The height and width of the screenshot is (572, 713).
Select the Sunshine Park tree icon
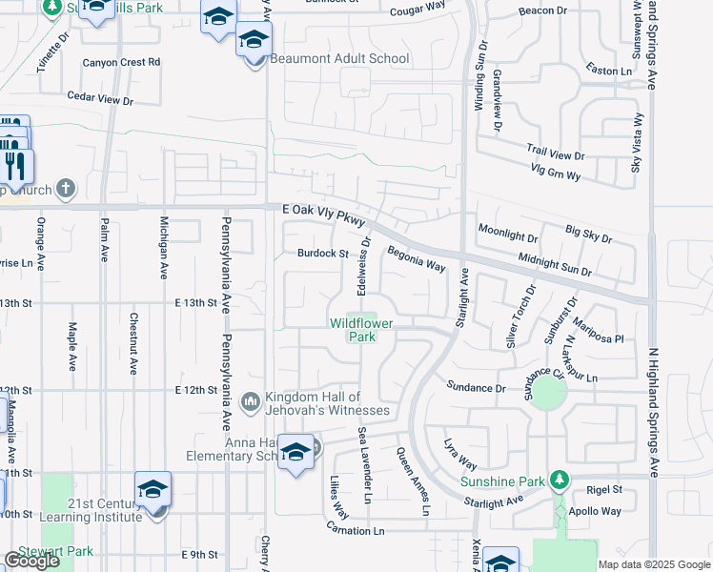pos(563,479)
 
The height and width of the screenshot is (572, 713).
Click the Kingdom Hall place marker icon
pos(251,400)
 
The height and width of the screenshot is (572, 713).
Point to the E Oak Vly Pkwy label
pos(324,213)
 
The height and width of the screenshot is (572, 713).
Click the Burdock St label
pos(322,254)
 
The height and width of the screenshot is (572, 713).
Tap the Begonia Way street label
pos(416,258)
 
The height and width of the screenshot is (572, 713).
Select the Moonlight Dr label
pos(508,232)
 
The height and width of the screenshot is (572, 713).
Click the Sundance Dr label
pos(476,388)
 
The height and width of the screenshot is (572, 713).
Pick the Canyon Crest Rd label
pos(121,62)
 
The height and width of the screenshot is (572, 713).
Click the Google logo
pos(31,561)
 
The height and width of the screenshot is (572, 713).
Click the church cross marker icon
pos(65,188)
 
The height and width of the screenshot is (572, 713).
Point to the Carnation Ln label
pos(354,529)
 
